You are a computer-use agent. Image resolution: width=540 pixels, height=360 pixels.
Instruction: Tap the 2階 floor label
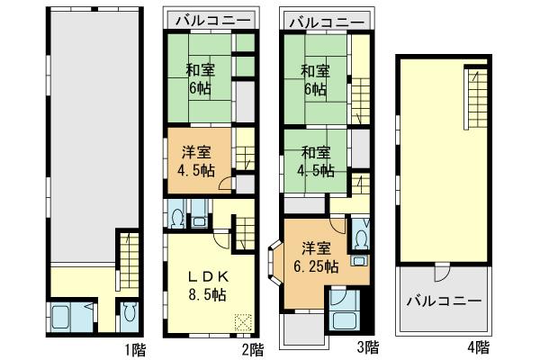[254, 346]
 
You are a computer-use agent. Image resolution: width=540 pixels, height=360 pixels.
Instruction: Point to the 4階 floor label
[478, 346]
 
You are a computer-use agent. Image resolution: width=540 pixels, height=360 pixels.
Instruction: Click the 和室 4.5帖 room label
[317, 161]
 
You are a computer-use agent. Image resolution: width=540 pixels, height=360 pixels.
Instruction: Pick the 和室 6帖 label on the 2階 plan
[199, 78]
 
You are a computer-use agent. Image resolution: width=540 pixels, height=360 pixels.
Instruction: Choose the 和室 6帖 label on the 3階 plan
[317, 78]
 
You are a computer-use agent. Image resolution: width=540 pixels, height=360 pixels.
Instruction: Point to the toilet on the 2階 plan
[177, 216]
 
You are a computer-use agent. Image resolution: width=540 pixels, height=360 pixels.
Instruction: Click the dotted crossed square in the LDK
[244, 321]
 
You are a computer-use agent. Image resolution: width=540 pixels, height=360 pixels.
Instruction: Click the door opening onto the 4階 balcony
[442, 275]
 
